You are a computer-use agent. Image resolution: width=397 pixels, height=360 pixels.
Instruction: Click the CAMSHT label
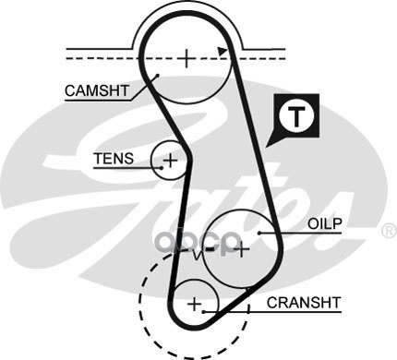97,90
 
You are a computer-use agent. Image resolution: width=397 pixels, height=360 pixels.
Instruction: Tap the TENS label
114,159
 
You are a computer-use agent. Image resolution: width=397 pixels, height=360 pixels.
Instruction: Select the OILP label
325,223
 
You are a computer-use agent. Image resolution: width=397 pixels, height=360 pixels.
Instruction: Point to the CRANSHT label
304,303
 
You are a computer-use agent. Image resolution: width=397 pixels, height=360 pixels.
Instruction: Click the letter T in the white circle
296,117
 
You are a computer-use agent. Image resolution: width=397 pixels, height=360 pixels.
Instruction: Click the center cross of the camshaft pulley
186,58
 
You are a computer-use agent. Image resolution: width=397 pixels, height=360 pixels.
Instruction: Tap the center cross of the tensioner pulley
170,160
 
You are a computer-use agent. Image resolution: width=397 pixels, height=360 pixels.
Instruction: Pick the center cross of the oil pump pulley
242,248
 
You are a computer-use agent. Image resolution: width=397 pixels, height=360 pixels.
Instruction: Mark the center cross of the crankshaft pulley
195,304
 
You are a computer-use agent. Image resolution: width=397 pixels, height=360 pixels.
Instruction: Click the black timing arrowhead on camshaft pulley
223,52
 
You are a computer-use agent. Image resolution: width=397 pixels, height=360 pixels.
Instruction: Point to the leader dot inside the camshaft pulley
157,75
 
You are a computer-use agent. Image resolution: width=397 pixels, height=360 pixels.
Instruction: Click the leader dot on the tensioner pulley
162,168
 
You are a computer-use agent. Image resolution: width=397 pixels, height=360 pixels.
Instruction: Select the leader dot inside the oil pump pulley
259,233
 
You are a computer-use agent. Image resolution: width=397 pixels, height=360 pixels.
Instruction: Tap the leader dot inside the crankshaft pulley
203,312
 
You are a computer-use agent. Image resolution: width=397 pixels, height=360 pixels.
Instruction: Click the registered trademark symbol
390,231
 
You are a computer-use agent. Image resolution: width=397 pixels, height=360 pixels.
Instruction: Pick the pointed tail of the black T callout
267,146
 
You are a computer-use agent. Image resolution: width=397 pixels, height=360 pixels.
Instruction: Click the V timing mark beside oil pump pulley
197,255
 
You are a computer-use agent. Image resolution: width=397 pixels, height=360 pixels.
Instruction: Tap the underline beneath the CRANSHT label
272,312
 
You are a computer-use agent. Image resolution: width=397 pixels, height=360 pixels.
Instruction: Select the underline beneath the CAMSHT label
98,101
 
